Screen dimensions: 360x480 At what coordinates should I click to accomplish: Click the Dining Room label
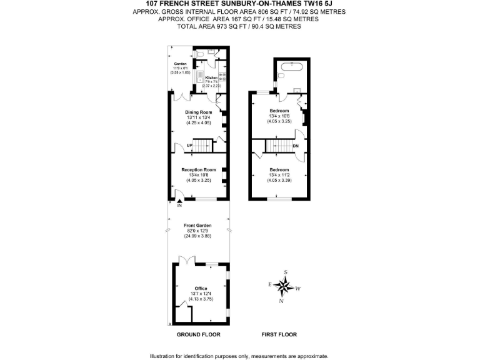point(198,112)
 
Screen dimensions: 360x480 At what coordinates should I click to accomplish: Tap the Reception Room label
point(198,169)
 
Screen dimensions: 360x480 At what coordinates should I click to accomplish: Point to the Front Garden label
point(197,225)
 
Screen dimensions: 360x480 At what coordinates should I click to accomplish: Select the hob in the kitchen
point(222,77)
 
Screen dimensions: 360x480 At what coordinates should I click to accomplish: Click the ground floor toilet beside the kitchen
point(198,55)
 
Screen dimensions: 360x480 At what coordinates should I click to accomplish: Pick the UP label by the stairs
point(188,146)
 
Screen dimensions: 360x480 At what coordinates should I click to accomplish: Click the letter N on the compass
point(282,302)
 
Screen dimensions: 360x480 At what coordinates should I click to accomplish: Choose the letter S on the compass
point(286,272)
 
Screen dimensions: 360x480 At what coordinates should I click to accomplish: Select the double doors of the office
point(186,259)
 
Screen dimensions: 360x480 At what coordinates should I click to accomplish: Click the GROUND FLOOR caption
point(197,334)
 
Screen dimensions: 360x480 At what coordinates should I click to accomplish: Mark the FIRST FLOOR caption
point(279,334)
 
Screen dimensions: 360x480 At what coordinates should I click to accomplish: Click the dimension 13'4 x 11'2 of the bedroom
point(279,175)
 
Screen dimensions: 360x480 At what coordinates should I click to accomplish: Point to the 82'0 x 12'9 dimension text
point(197,231)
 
